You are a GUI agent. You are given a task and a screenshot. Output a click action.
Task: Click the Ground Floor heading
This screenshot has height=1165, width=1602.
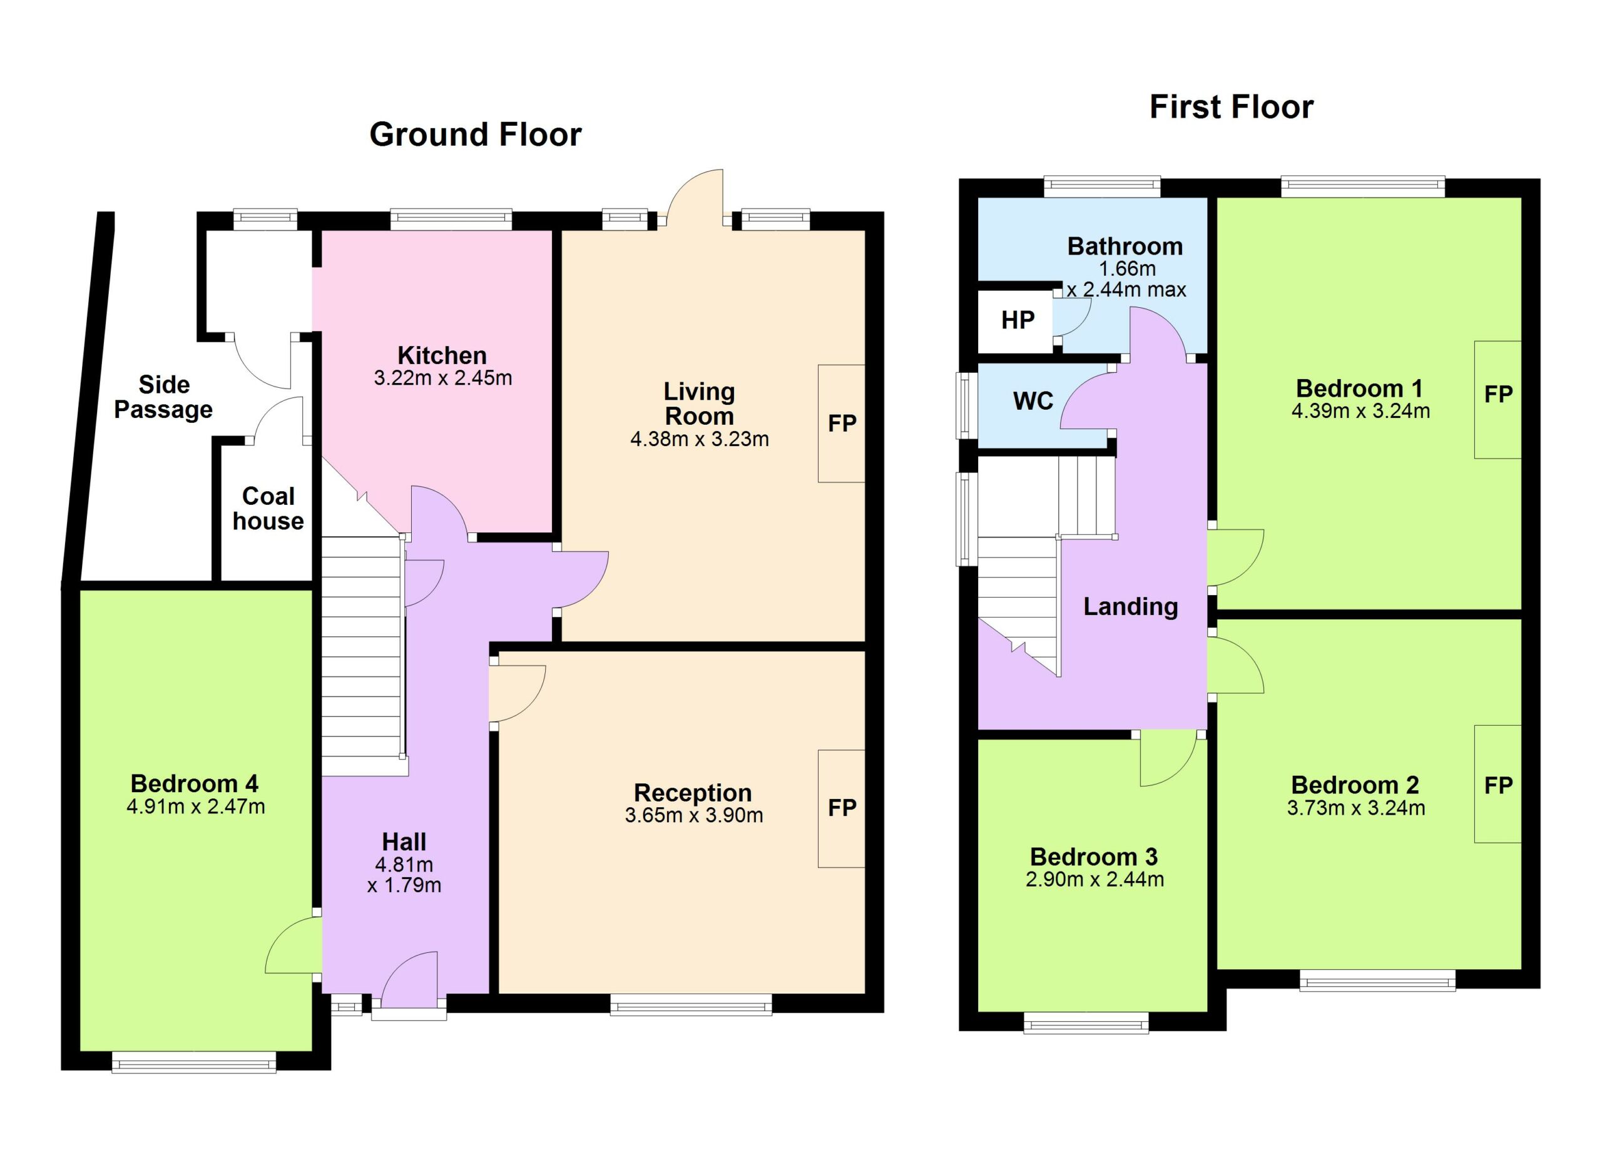tap(476, 134)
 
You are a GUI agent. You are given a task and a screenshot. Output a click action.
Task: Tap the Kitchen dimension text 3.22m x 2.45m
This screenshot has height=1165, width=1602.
tap(443, 379)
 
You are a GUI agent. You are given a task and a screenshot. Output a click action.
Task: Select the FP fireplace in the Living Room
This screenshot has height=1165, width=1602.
tap(841, 424)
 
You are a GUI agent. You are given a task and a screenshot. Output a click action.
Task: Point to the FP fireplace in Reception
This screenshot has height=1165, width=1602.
tap(841, 808)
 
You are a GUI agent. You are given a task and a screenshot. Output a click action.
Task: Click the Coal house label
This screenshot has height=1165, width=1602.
tap(268, 509)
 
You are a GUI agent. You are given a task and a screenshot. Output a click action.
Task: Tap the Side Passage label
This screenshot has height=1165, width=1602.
tap(164, 397)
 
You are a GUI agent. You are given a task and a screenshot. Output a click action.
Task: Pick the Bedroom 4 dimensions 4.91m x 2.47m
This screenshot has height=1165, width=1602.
tap(196, 806)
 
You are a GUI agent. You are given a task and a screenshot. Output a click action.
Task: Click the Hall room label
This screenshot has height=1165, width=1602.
tap(404, 842)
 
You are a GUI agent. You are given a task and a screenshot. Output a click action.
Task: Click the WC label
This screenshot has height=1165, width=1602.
tap(1033, 401)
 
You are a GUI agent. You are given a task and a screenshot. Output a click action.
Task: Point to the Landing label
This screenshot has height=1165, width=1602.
tap(1131, 606)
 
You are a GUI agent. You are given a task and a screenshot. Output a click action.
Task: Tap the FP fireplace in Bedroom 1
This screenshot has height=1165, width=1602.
tap(1497, 400)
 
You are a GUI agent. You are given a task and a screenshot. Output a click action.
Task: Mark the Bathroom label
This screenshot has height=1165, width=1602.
tap(1125, 247)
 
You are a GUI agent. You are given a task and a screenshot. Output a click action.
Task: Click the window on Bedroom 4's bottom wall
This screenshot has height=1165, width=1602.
tap(194, 1062)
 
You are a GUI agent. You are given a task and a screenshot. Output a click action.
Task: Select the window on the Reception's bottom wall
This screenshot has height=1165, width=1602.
tap(691, 1005)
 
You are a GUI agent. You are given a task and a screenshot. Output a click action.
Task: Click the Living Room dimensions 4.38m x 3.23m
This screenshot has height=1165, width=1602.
tap(699, 439)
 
